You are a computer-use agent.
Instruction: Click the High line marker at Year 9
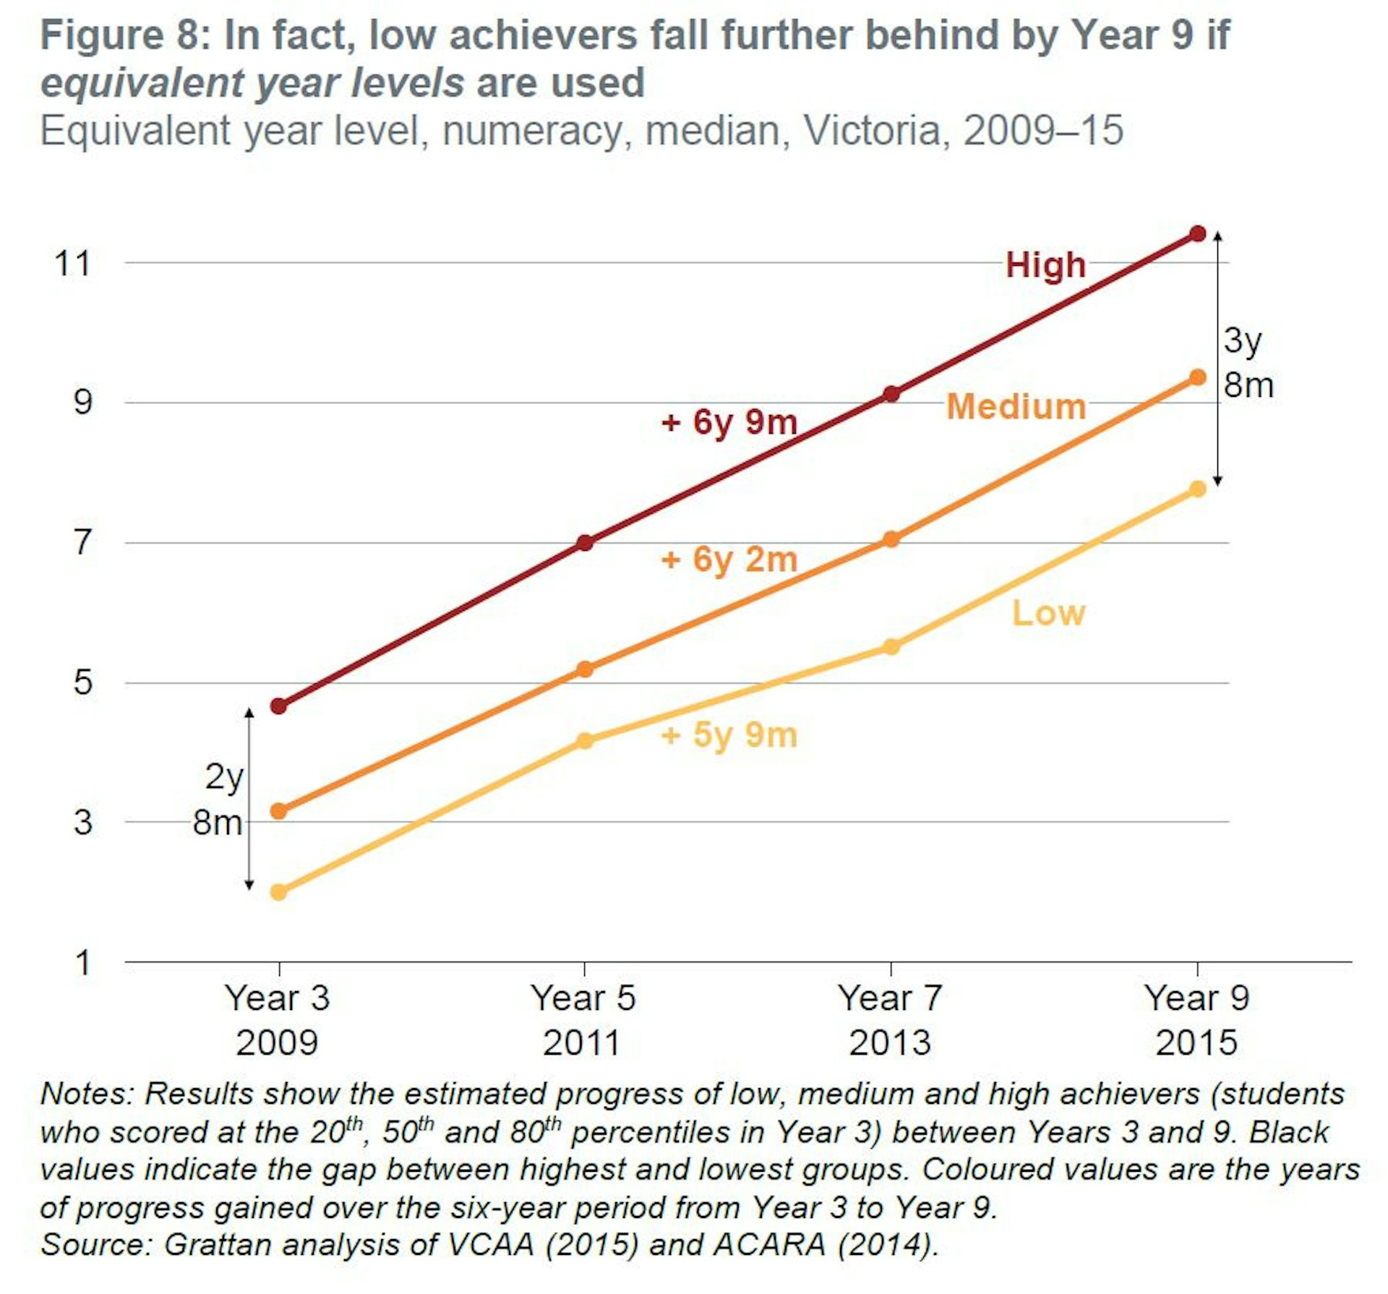[1198, 233]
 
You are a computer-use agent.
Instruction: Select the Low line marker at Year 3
[278, 892]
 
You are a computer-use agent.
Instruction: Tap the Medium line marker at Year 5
[585, 669]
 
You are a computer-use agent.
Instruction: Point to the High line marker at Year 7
[891, 394]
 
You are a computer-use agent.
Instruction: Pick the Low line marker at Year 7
[891, 646]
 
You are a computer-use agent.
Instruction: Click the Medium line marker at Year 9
[1198, 377]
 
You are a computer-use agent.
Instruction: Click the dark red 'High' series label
[1045, 265]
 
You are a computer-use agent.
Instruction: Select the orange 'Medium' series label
[1016, 406]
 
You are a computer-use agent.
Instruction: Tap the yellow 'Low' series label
[1048, 613]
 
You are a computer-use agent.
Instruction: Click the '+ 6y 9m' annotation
[729, 421]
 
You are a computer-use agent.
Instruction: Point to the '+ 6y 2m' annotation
[729, 560]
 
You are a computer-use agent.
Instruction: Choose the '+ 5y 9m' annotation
[729, 735]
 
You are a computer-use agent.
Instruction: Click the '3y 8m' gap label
[1248, 362]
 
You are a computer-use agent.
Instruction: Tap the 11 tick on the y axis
[73, 263]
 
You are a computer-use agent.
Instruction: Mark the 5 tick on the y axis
[82, 682]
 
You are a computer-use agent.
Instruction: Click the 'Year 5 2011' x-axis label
[583, 1020]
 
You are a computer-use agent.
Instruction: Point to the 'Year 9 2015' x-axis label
[1196, 1020]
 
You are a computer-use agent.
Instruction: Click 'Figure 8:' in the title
[124, 35]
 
